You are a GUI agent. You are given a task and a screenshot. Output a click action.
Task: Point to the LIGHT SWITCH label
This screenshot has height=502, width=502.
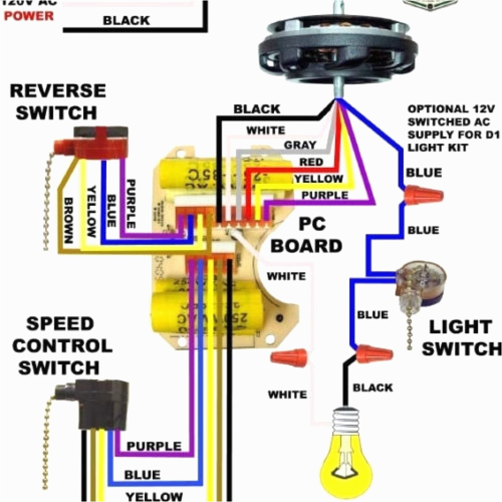pyautogui.click(x=461, y=338)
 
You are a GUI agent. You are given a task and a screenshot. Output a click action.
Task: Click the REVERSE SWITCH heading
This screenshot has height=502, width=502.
pyautogui.click(x=57, y=102)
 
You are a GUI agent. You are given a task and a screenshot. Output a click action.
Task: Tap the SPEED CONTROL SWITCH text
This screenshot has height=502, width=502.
pyautogui.click(x=61, y=346)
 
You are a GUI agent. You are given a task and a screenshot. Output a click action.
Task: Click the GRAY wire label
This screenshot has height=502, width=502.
pyautogui.click(x=300, y=146)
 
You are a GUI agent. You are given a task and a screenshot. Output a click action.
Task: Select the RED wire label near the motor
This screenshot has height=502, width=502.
pyautogui.click(x=311, y=162)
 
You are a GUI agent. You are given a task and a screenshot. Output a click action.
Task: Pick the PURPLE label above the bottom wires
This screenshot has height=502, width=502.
pyautogui.click(x=154, y=446)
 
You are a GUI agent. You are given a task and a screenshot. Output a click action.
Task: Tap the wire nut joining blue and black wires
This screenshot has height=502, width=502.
pyautogui.click(x=375, y=353)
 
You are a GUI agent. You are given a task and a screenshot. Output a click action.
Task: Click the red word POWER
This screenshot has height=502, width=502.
pyautogui.click(x=29, y=16)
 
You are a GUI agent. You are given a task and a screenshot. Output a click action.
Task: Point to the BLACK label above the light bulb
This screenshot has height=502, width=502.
pyautogui.click(x=373, y=388)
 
